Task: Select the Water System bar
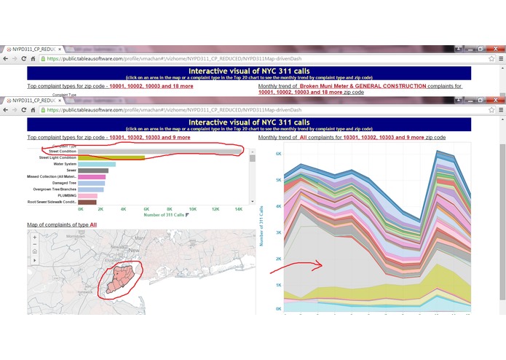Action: tap(96, 164)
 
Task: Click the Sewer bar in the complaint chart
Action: tap(92, 171)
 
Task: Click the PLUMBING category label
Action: tap(67, 195)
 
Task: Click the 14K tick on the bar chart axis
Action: tap(238, 209)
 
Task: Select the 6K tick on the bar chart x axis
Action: tap(146, 209)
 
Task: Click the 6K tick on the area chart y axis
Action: tap(277, 154)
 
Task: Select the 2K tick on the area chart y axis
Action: tap(277, 259)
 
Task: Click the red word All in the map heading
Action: tap(93, 224)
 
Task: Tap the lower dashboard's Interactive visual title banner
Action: tap(248, 122)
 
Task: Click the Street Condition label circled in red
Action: tap(63, 151)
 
